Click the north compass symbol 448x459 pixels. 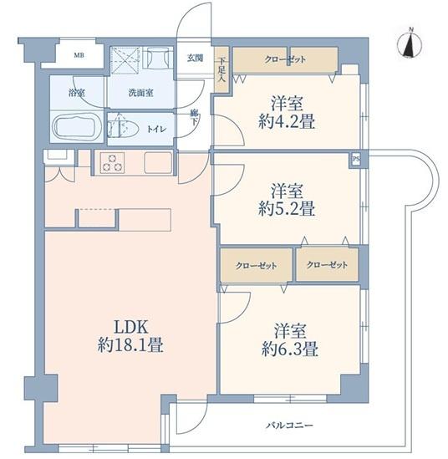point(410,44)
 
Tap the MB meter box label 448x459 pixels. point(79,54)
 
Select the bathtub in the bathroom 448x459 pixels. point(77,127)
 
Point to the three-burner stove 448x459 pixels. point(112,163)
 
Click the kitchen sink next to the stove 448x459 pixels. point(158,163)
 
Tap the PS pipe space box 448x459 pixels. point(356,160)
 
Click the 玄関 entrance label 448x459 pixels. point(196,58)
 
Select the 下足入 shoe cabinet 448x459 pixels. point(221,69)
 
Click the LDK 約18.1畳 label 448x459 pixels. point(130,336)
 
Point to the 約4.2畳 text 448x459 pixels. point(287,121)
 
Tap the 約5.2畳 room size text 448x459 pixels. point(287,209)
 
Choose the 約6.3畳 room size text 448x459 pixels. point(290,349)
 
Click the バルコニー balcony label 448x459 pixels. point(289,425)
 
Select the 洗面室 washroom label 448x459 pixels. point(140,93)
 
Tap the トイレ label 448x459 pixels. point(156,129)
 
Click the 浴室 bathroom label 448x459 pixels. point(77,93)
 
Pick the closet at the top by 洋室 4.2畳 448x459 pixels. point(285,59)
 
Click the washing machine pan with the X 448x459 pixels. point(125,60)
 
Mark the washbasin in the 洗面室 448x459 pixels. point(157,58)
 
